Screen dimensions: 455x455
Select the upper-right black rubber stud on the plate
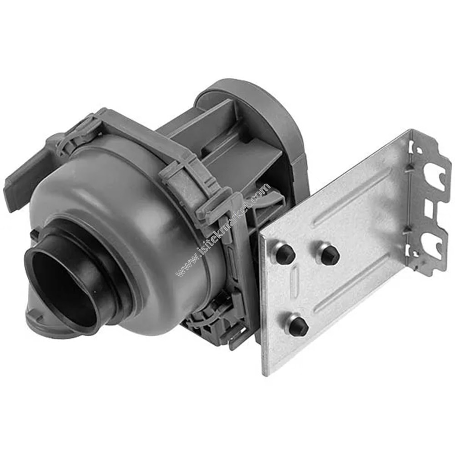point(329,254)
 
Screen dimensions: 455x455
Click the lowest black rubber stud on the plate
point(298,326)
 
